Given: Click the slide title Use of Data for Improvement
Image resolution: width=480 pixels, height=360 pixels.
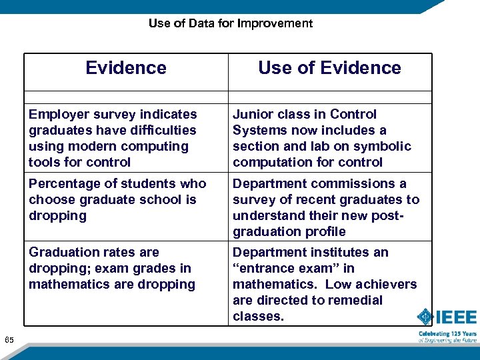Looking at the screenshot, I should click(x=230, y=23).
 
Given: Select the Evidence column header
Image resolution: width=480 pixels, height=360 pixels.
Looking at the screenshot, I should click(x=126, y=68).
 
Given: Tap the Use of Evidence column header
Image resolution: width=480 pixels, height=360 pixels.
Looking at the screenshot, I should click(x=329, y=68).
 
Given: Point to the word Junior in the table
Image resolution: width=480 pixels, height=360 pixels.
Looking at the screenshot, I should click(x=252, y=115).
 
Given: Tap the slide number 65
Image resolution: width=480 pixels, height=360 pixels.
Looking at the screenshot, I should click(x=9, y=341).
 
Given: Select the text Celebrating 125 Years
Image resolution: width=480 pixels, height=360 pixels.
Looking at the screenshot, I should click(x=447, y=333).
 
